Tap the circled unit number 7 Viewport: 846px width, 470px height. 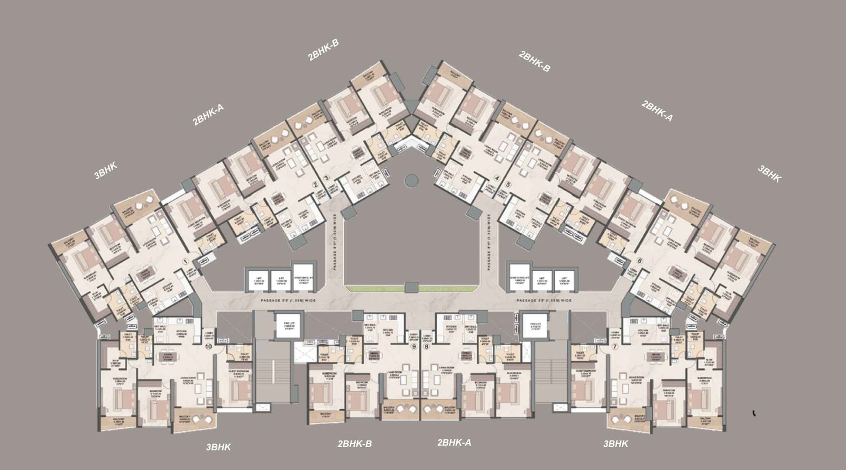[614, 347]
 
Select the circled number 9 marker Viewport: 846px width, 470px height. [414, 347]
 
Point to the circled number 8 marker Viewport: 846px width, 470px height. [427, 347]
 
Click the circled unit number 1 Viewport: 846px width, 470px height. [186, 261]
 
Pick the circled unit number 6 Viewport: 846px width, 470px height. [639, 261]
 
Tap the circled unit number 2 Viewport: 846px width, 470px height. [315, 185]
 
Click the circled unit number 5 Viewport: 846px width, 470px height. [508, 185]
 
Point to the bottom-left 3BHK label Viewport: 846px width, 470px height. [218, 447]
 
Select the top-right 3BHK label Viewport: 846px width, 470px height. [769, 174]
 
